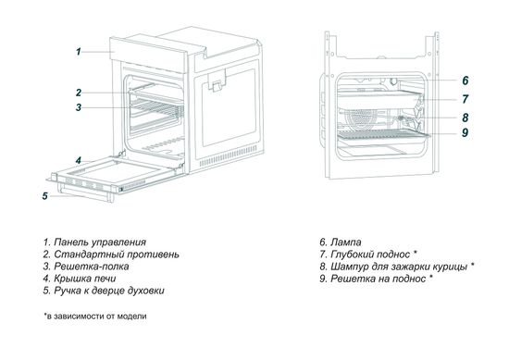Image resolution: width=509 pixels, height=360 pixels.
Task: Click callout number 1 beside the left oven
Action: point(79,52)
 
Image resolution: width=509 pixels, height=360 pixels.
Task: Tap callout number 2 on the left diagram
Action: point(79,92)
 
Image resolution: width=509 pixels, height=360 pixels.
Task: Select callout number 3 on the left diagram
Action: point(79,107)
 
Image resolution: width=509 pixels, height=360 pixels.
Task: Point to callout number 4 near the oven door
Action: point(79,160)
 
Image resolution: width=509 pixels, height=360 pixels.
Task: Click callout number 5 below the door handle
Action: point(44,195)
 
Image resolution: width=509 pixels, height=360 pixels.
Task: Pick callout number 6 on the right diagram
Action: point(466,81)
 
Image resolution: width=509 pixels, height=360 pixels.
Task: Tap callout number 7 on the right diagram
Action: point(466,98)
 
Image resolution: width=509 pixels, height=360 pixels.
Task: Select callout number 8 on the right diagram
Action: point(466,118)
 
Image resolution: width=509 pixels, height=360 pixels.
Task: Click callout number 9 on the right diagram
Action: point(466,133)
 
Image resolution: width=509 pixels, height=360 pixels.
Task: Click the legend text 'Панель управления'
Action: point(100,241)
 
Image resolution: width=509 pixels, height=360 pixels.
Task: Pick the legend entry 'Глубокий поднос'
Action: point(375,253)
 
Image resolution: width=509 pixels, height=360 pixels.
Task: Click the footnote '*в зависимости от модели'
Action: point(94,316)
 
